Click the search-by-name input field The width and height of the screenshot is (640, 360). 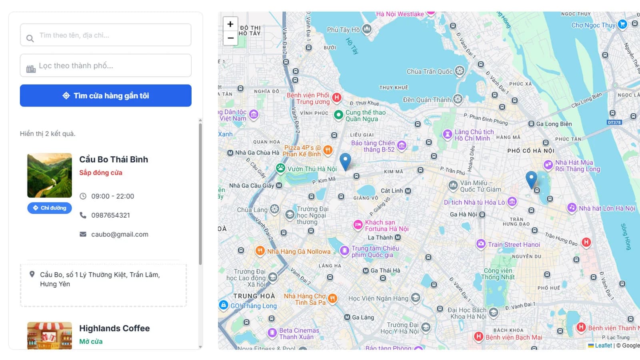[106, 35]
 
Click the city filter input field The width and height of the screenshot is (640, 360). [106, 66]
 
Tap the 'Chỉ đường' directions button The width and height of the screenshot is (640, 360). [50, 208]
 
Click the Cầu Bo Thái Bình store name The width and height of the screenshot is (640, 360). [114, 159]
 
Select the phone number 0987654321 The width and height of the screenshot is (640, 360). [110, 215]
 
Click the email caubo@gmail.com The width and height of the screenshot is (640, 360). [120, 234]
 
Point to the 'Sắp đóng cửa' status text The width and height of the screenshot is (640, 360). [101, 173]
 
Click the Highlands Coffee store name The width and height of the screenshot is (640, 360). [114, 328]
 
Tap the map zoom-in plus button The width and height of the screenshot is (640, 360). [230, 24]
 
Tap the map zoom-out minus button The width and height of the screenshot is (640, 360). [230, 38]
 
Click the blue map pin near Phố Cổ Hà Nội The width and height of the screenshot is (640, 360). [531, 180]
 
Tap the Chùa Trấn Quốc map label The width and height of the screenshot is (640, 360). [430, 72]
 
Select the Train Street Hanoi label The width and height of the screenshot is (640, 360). [514, 244]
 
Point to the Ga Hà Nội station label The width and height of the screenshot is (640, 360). [464, 214]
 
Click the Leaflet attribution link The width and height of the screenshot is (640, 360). [603, 346]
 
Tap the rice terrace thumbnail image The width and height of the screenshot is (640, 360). [50, 175]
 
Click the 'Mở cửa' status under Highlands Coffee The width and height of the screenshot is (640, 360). [91, 342]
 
